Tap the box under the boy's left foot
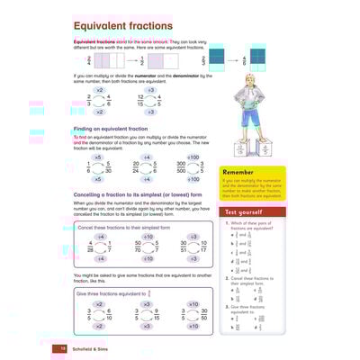pyautogui.click(x=254, y=149)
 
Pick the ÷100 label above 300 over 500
pyautogui.click(x=187, y=157)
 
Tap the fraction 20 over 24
pyautogui.click(x=137, y=167)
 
